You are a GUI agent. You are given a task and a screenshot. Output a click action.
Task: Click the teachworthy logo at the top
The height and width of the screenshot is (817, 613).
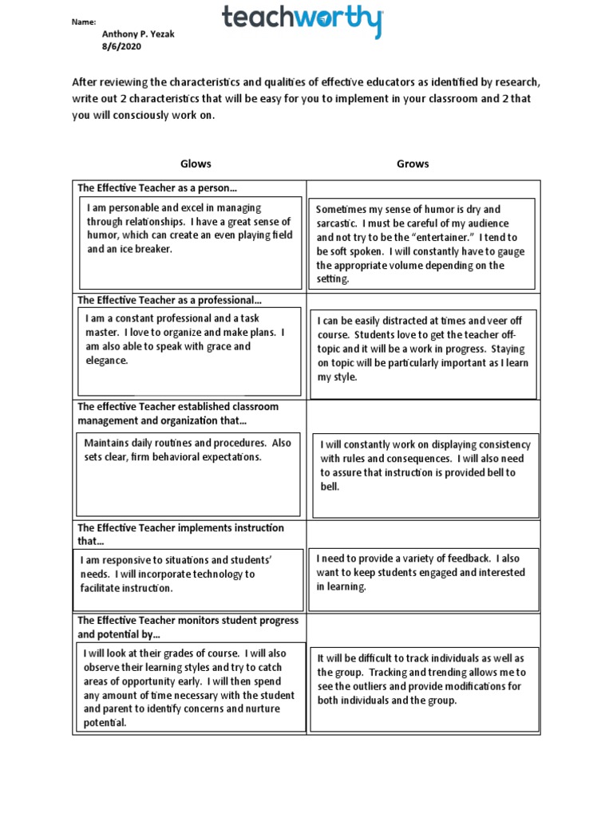click(303, 20)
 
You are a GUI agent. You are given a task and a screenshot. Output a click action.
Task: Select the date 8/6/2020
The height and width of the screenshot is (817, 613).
click(119, 47)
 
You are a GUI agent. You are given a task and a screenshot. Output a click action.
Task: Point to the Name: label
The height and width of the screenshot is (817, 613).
click(84, 22)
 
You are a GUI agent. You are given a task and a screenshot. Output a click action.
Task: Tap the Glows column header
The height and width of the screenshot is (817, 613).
click(196, 164)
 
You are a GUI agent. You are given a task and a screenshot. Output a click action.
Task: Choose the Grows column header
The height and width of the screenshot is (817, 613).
click(413, 164)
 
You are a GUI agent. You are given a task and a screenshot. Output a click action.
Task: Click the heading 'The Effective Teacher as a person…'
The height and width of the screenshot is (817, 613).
click(157, 188)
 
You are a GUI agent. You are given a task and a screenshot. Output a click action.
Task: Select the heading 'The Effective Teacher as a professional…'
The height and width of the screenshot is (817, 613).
click(169, 300)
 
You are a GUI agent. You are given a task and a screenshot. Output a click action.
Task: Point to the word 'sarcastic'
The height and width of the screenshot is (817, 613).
click(340, 223)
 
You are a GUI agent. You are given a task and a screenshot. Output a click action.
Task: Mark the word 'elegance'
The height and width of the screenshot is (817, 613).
click(107, 361)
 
